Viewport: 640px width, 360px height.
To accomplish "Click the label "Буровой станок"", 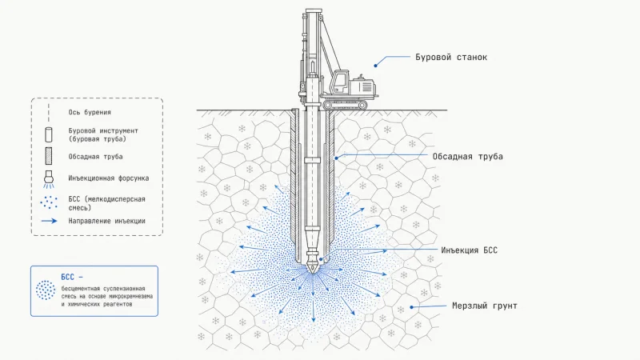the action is pyautogui.click(x=451, y=57).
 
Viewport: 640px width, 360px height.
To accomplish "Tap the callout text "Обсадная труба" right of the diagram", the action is pyautogui.click(x=467, y=156).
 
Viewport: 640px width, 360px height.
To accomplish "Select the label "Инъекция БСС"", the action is pyautogui.click(x=469, y=250).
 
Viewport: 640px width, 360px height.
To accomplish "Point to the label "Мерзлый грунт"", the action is pyautogui.click(x=485, y=306).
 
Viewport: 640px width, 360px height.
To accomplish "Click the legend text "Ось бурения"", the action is pyautogui.click(x=90, y=112).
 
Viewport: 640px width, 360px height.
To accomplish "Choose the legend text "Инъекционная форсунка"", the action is pyautogui.click(x=109, y=178).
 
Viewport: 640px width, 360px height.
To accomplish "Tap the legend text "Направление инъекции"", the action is pyautogui.click(x=107, y=221).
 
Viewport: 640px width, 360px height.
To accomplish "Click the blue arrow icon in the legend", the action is pyautogui.click(x=50, y=221).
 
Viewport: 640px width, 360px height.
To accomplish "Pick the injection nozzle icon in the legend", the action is pyautogui.click(x=49, y=179).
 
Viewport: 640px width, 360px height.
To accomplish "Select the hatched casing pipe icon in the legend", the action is pyautogui.click(x=49, y=156).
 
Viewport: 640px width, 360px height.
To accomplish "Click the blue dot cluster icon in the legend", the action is pyautogui.click(x=49, y=202).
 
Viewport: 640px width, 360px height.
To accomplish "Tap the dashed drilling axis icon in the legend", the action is pyautogui.click(x=49, y=112).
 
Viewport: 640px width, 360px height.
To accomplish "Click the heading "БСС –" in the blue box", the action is pyautogui.click(x=72, y=277).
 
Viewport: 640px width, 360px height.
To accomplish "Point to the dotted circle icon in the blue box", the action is pyautogui.click(x=46, y=290).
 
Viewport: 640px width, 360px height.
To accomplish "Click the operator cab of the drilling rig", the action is pyautogui.click(x=339, y=83).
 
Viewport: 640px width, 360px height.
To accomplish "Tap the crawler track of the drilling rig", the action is pyautogui.click(x=345, y=106).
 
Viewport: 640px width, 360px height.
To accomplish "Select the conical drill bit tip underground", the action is pyautogui.click(x=313, y=267).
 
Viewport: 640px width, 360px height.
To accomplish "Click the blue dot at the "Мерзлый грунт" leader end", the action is pyautogui.click(x=412, y=307).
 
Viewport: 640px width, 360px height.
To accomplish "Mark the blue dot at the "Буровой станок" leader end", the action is pyautogui.click(x=375, y=66).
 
